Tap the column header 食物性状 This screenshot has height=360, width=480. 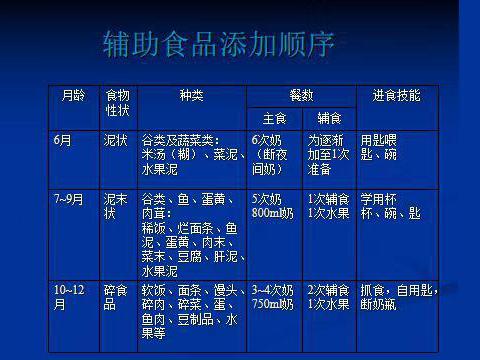click(x=117, y=103)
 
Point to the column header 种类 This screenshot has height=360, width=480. click(x=191, y=96)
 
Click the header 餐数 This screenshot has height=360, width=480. click(x=301, y=95)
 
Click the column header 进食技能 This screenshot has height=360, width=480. click(x=396, y=96)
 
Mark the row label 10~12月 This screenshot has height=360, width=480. click(x=70, y=296)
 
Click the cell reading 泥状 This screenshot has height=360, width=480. click(x=116, y=141)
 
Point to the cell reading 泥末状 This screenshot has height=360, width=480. click(x=117, y=206)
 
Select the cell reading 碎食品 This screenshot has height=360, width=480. click(x=116, y=296)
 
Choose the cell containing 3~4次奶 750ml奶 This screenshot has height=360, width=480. click(x=273, y=296)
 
